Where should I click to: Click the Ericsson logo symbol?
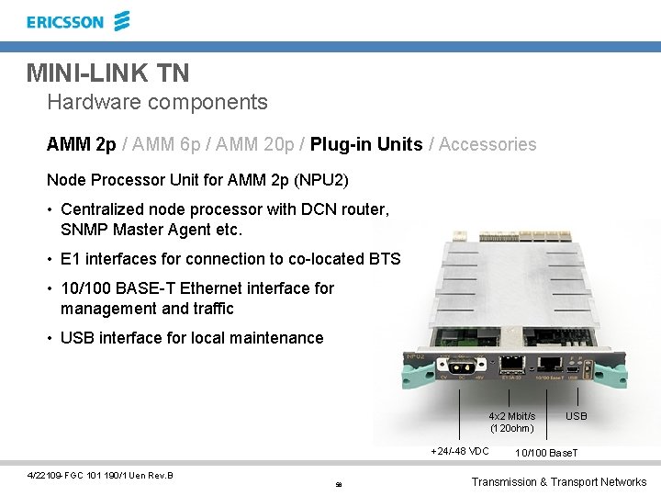[x=122, y=21]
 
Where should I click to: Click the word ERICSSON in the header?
[x=65, y=22]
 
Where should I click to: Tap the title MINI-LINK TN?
[x=107, y=72]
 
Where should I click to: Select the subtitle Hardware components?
[x=157, y=102]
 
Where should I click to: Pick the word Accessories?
[x=487, y=144]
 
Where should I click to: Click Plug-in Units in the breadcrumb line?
[x=366, y=144]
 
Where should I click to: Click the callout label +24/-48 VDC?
[x=460, y=451]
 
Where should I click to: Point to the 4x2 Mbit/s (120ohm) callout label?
[x=511, y=423]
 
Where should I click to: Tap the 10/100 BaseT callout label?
[x=547, y=453]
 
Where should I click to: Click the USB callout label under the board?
[x=577, y=417]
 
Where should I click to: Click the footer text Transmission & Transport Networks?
[x=558, y=482]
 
